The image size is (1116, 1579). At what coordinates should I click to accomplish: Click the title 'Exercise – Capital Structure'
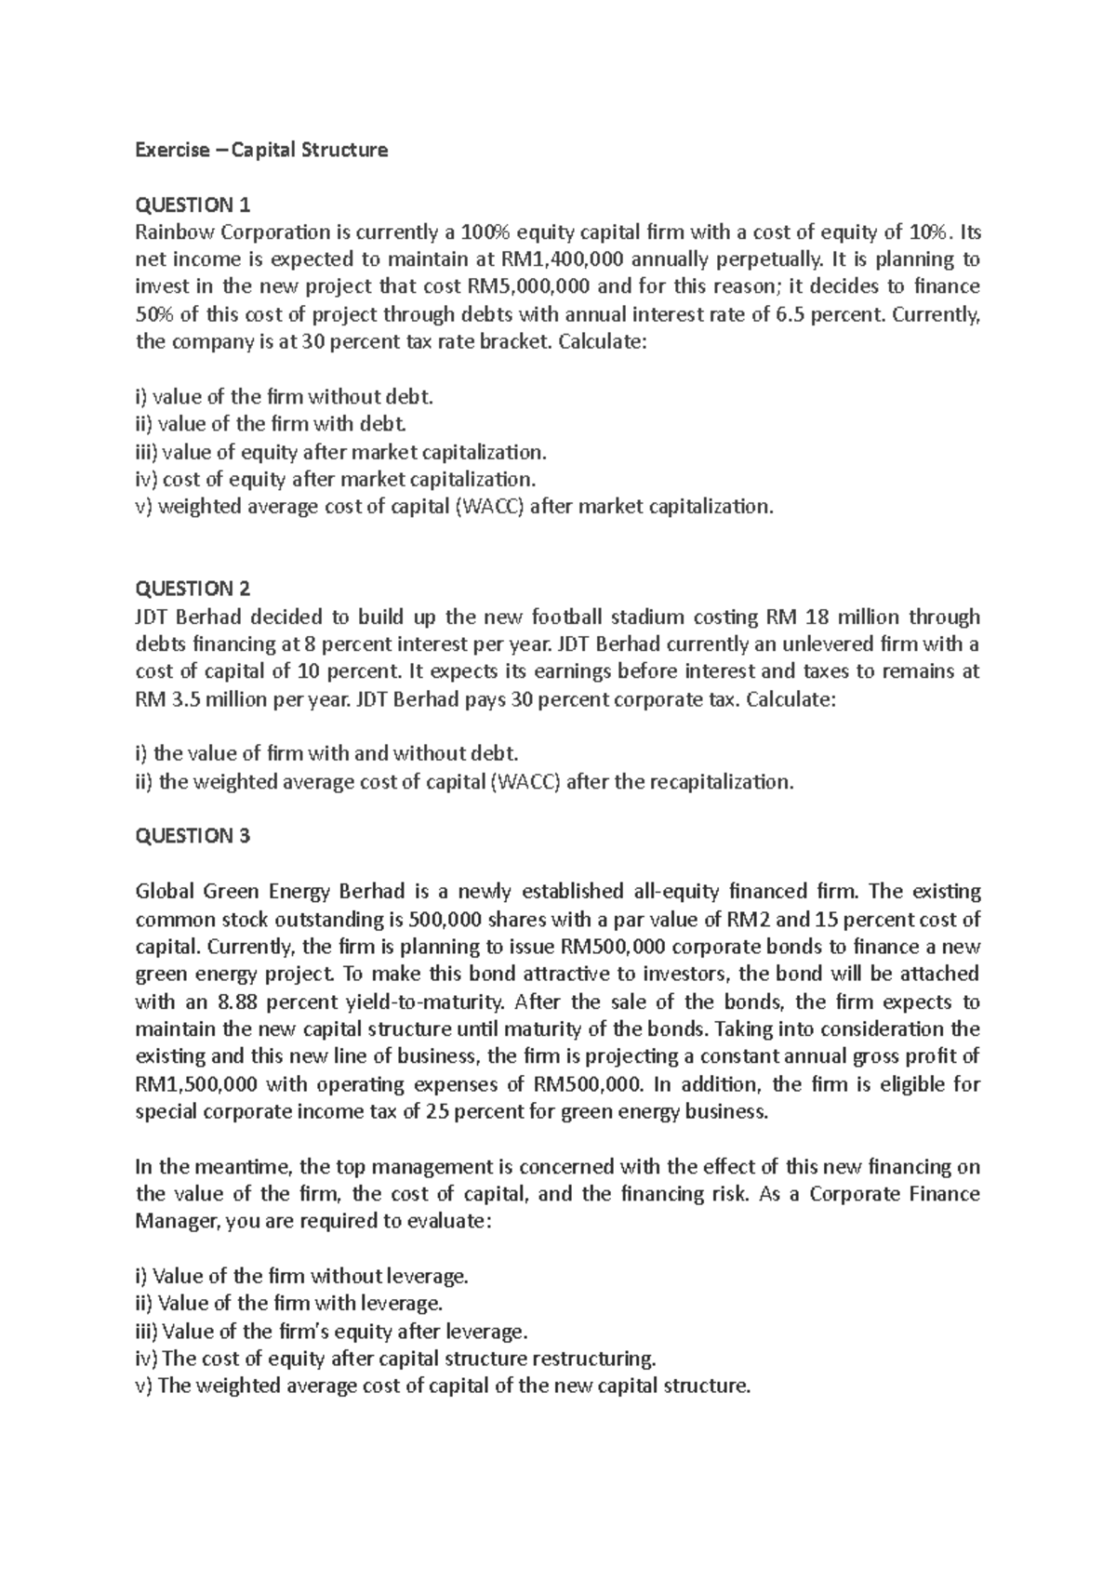point(261,150)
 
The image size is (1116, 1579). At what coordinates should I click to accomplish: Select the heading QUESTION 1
point(193,205)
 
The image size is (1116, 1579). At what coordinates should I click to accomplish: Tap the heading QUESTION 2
point(193,589)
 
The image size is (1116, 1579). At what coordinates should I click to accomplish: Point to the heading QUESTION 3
point(193,836)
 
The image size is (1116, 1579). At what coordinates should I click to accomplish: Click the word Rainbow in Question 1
point(172,232)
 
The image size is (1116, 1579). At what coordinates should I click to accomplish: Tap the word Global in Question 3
point(164,892)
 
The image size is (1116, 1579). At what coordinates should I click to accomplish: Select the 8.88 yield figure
point(237,1002)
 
